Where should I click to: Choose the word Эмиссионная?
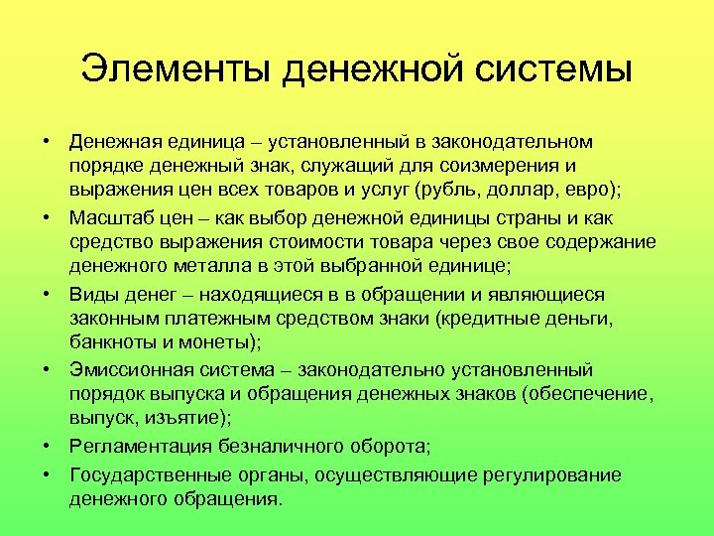point(131,371)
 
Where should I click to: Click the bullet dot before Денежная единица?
point(48,139)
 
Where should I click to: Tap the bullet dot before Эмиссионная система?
point(48,371)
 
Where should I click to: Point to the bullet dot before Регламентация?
point(48,448)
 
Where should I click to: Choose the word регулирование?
point(554,473)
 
